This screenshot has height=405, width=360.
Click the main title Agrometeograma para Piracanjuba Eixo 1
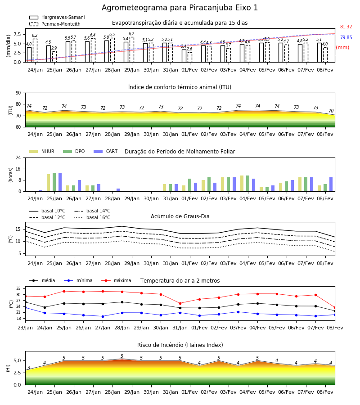[180, 8]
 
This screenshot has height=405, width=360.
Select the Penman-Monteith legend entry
[55, 24]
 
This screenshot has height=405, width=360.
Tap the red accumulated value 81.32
[346, 27]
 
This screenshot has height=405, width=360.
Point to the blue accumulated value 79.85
[346, 37]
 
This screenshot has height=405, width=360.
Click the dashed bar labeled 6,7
[132, 49]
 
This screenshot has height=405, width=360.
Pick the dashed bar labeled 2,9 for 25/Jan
[54, 57]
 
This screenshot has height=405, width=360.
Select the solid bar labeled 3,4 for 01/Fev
[184, 56]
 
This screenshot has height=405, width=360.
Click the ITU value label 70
[331, 111]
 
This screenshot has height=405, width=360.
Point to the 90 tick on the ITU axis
[18, 93]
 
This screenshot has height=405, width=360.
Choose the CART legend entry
[105, 151]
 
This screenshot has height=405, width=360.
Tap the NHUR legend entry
[42, 151]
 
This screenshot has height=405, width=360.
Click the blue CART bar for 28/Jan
[118, 190]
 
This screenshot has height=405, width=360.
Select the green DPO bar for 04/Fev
[247, 184]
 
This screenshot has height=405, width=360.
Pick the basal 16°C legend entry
[92, 217]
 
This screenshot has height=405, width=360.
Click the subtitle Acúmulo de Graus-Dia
[180, 216]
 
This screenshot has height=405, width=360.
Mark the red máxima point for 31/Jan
[180, 303]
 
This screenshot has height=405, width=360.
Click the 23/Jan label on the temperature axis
[25, 328]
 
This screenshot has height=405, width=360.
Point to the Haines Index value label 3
[29, 368]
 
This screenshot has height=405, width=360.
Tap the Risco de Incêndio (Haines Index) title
[180, 345]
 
